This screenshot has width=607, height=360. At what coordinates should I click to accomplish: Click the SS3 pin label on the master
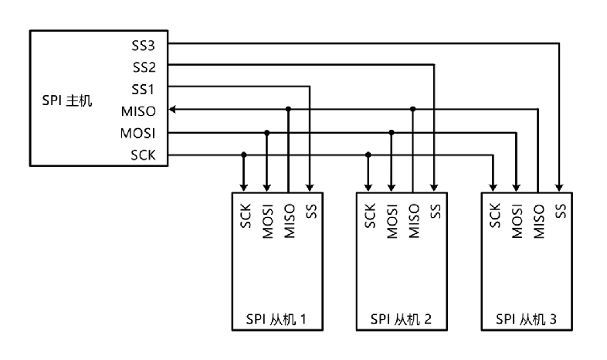(x=143, y=43)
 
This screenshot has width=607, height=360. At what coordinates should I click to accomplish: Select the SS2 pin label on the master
(x=143, y=66)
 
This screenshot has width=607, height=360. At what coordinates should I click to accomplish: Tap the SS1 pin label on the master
(x=143, y=87)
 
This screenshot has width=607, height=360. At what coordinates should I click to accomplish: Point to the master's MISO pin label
(x=138, y=110)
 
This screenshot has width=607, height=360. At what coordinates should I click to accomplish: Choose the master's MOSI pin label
(x=138, y=132)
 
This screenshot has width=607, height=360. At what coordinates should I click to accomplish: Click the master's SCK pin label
(x=143, y=155)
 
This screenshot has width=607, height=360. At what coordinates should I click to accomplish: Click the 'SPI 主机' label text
(x=66, y=100)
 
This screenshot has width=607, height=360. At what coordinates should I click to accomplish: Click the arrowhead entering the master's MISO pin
(x=172, y=110)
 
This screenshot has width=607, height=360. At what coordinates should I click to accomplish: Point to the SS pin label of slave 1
(x=310, y=210)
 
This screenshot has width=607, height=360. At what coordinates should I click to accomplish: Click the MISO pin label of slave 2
(x=413, y=219)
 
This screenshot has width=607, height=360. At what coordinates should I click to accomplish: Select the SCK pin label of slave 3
(x=494, y=214)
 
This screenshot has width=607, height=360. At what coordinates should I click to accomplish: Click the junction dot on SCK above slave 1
(x=245, y=155)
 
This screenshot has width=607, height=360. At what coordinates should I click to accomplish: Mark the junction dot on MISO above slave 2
(x=413, y=110)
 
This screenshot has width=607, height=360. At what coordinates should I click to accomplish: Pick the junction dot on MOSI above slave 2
(x=392, y=133)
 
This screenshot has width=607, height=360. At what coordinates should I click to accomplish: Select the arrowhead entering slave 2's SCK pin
(x=368, y=187)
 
